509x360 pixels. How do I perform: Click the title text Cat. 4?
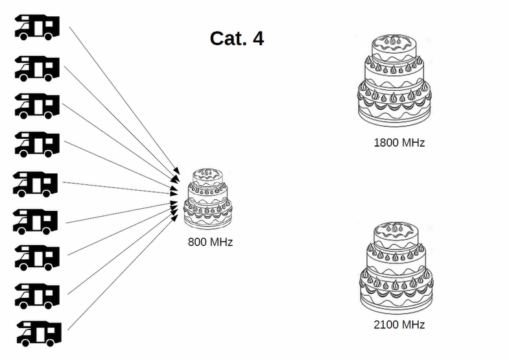click(237, 38)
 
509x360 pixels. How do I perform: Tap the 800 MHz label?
click(210, 243)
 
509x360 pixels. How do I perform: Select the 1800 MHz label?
click(399, 142)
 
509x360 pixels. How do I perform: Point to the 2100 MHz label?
click(399, 324)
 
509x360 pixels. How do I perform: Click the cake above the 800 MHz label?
click(207, 198)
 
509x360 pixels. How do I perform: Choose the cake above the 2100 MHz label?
click(394, 267)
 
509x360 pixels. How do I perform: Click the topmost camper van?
click(38, 26)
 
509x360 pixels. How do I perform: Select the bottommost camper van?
click(38, 332)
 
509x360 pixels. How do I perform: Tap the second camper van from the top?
click(38, 67)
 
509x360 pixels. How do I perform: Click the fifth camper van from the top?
click(36, 184)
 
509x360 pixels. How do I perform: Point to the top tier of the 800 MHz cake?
click(207, 176)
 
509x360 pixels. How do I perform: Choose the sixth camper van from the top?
click(36, 221)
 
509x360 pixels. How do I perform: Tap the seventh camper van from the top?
click(38, 258)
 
